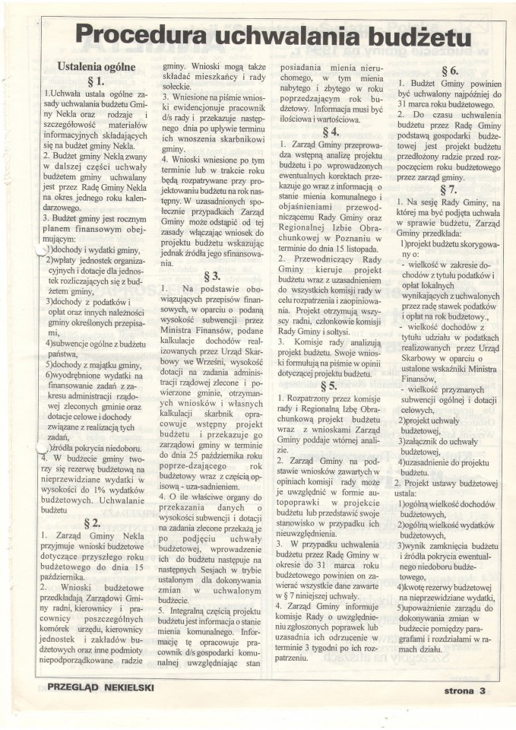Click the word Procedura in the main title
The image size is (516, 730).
tap(145, 34)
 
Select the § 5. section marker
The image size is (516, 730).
tap(330, 386)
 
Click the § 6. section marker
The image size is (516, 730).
tap(448, 70)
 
